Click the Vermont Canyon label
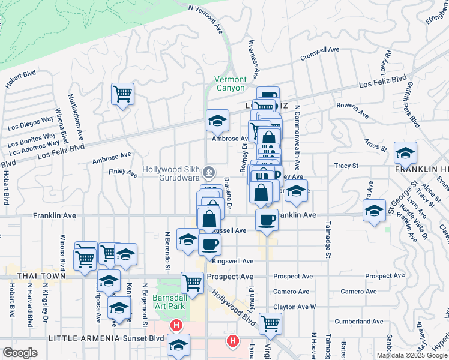[x=231, y=83]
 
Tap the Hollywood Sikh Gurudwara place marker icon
[x=208, y=173]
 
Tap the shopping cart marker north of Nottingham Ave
[x=122, y=94]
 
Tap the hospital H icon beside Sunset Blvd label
[x=176, y=326]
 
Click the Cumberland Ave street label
[x=358, y=322]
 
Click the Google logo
[x=20, y=353]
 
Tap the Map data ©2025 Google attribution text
[x=411, y=355]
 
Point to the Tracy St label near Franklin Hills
[x=346, y=166]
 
